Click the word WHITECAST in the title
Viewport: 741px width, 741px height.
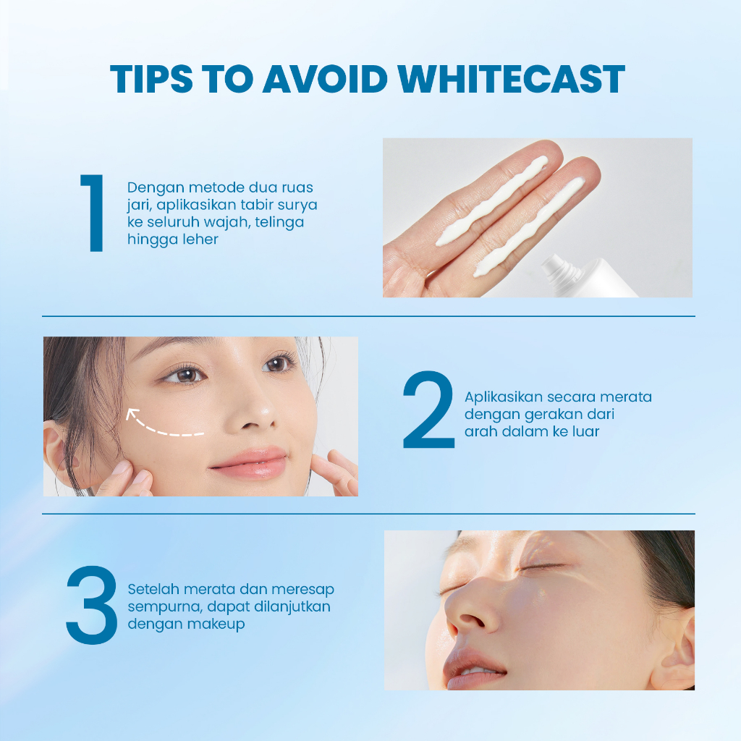coord(512,79)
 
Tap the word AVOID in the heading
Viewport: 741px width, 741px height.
coord(325,79)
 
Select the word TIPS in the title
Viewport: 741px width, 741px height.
coord(151,79)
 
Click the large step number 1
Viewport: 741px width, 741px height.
coord(93,213)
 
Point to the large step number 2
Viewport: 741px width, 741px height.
coord(428,410)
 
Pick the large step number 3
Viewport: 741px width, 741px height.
coord(91,605)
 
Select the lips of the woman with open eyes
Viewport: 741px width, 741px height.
coord(250,463)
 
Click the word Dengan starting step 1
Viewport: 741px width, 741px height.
coord(156,188)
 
